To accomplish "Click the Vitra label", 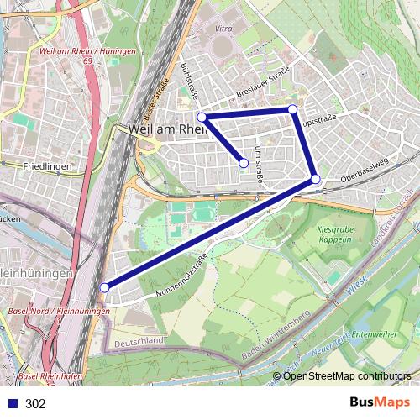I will [223, 29].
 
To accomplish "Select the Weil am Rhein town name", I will [168, 129].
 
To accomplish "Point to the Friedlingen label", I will [49, 167].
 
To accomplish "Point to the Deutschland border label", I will [139, 342].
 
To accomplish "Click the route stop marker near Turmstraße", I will [244, 163].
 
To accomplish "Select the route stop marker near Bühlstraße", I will [202, 117].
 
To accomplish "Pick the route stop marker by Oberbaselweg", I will [315, 179].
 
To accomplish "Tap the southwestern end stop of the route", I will [104, 287].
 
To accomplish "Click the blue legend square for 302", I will [12, 404].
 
